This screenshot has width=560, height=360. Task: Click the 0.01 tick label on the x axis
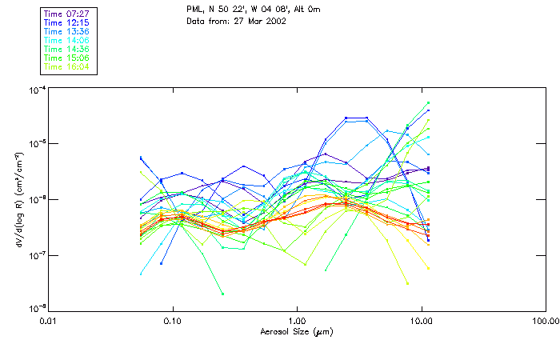[49, 321]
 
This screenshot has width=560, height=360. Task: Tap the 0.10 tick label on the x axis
[173, 321]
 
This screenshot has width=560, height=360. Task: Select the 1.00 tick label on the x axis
[298, 321]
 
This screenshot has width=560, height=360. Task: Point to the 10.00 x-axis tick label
[422, 321]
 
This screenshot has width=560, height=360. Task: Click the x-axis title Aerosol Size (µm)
[297, 331]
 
